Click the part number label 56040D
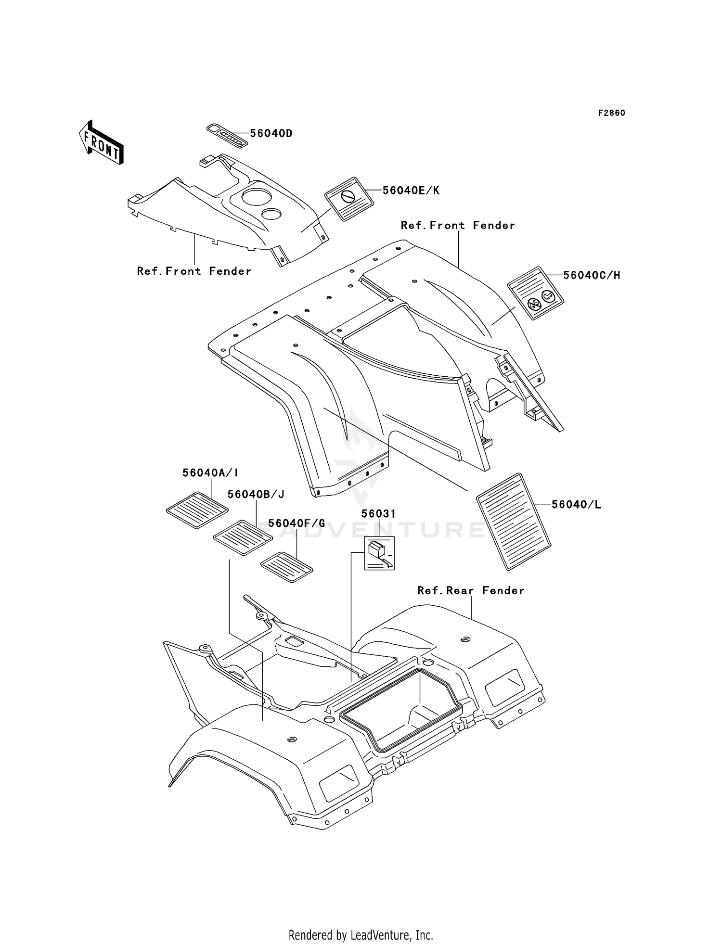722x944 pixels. coord(271,133)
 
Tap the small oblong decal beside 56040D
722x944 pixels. coord(227,136)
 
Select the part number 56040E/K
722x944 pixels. coord(411,190)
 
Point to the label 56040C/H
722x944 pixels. coord(592,275)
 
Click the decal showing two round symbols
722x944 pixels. coord(536,293)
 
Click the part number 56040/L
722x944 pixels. coord(576,504)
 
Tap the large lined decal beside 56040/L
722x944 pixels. coord(514,522)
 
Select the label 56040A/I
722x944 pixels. coord(210,473)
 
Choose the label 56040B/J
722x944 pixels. coord(256,494)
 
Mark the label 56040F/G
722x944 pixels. coord(297,523)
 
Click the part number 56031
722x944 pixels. coord(379,514)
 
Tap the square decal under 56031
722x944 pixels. coord(379,553)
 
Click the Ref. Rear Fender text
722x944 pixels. coord(471,590)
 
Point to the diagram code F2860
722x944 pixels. coord(612,113)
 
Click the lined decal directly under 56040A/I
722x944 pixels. coord(197,510)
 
